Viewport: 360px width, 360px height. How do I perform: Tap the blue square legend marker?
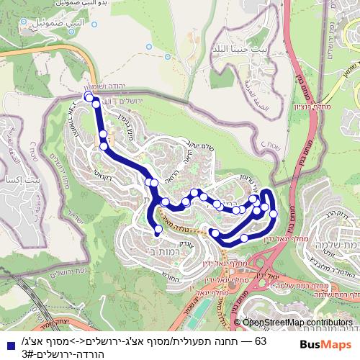point(6,341)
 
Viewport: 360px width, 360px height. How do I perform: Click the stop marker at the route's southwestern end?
point(158,231)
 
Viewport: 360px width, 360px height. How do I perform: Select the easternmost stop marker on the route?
point(273,213)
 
